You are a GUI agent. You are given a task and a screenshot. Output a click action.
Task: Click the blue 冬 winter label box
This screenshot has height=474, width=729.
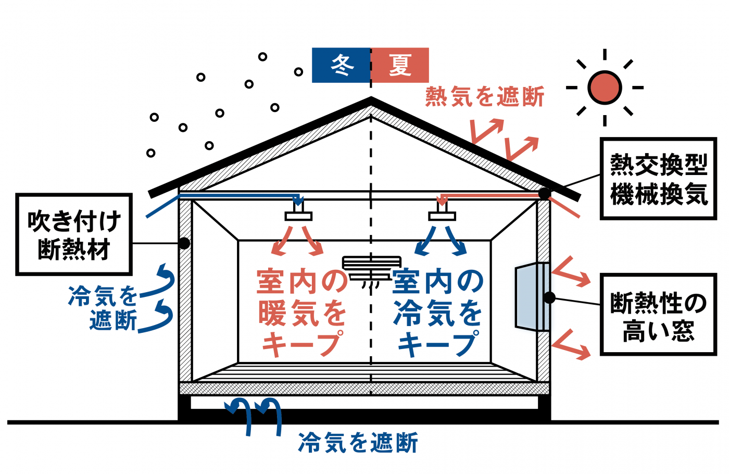tap(341, 65)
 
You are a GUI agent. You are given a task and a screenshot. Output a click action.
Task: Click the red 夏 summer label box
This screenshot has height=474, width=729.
tap(400, 65)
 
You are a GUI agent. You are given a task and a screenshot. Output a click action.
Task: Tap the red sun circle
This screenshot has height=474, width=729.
tap(605, 88)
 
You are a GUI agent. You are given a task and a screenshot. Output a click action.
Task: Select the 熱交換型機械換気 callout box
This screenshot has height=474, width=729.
tap(658, 179)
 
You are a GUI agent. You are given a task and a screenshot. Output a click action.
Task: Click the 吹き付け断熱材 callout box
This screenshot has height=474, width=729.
tap(74, 234)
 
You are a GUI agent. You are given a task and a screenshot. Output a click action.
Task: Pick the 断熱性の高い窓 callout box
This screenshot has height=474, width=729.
tap(658, 315)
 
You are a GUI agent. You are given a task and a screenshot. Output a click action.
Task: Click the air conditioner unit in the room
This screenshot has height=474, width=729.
tap(371, 267)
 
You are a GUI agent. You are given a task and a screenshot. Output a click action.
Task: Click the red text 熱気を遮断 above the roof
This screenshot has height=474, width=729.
tap(485, 97)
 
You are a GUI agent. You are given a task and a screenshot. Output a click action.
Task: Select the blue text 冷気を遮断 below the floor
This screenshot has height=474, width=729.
tap(358, 443)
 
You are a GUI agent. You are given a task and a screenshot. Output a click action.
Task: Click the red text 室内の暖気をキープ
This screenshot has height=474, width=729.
tap(302, 313)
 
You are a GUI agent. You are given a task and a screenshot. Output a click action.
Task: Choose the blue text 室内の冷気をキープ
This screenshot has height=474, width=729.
tap(438, 313)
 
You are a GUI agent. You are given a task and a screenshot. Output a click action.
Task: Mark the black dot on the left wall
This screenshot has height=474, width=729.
tap(184, 243)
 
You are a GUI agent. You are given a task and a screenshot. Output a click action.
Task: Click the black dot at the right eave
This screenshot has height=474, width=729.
tap(544, 193)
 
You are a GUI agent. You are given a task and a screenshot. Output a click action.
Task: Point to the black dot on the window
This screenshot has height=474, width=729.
tap(549, 297)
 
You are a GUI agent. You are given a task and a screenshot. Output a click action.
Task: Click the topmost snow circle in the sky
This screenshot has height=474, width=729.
tap(263, 56)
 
